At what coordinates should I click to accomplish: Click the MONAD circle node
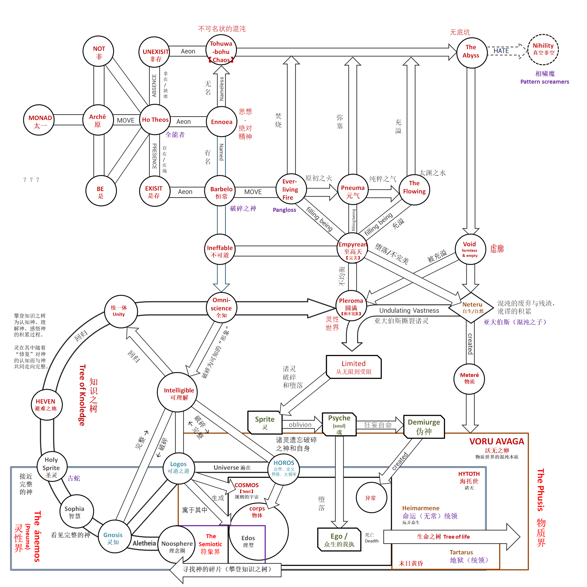point(39,120)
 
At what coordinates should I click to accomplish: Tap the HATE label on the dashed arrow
point(501,51)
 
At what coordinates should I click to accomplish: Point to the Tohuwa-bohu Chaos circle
point(221,52)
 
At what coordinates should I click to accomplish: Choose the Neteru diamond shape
point(471,307)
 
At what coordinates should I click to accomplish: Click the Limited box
point(354,367)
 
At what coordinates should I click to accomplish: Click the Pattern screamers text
point(544,81)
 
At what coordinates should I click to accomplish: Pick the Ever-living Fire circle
point(291,189)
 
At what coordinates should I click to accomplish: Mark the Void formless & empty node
point(470,249)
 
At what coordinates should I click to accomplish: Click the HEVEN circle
point(46,405)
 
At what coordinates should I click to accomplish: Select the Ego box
point(339,540)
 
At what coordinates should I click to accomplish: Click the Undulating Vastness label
point(409,310)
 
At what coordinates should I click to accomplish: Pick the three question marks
point(31,180)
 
